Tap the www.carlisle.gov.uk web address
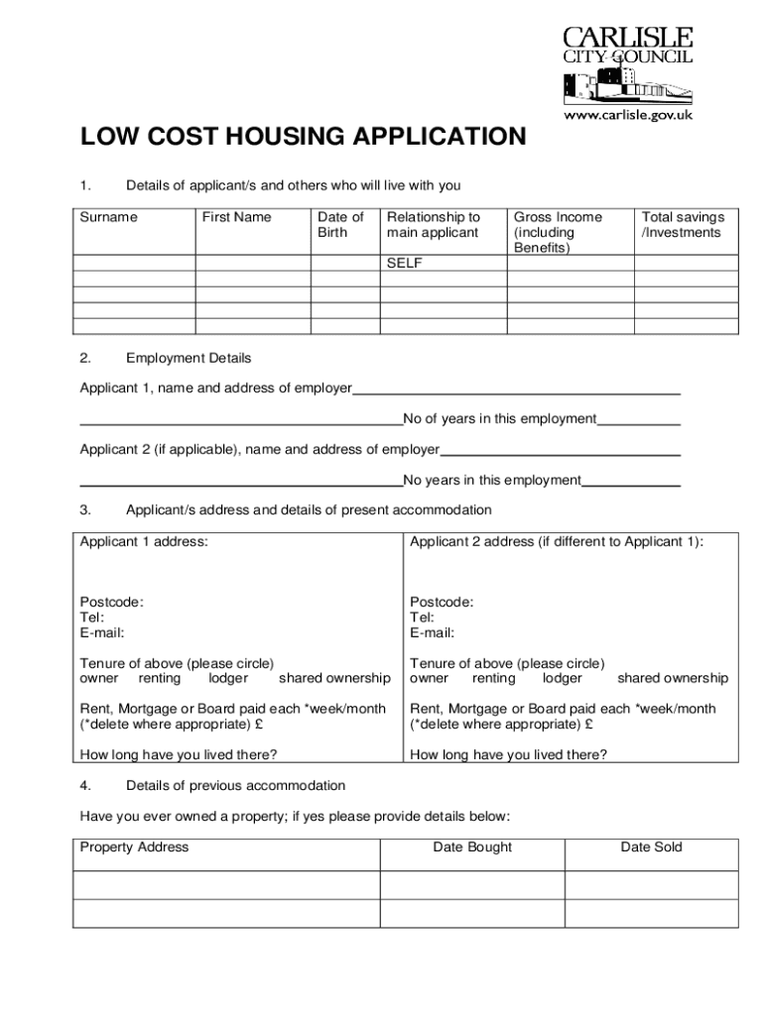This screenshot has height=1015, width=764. [628, 115]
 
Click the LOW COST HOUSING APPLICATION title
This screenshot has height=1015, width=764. [303, 137]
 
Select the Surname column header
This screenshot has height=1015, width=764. [108, 217]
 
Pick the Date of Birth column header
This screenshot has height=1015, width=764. [340, 225]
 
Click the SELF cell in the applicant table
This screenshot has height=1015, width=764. [405, 264]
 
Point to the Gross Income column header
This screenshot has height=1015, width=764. [557, 232]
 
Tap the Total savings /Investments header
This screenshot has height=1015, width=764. [683, 225]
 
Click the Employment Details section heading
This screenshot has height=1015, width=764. [189, 358]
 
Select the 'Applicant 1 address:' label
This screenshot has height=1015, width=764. [144, 542]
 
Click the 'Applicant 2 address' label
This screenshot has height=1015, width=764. [556, 542]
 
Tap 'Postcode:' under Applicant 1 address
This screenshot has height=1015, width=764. [111, 602]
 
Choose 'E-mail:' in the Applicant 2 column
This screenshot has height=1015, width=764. [432, 632]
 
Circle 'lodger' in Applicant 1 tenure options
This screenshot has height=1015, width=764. [228, 678]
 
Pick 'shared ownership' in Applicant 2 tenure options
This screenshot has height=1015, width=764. [673, 678]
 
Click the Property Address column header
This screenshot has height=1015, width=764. [134, 847]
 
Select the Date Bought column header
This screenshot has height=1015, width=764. [472, 847]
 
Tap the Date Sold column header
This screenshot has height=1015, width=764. [651, 847]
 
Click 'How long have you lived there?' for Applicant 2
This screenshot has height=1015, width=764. [508, 754]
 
